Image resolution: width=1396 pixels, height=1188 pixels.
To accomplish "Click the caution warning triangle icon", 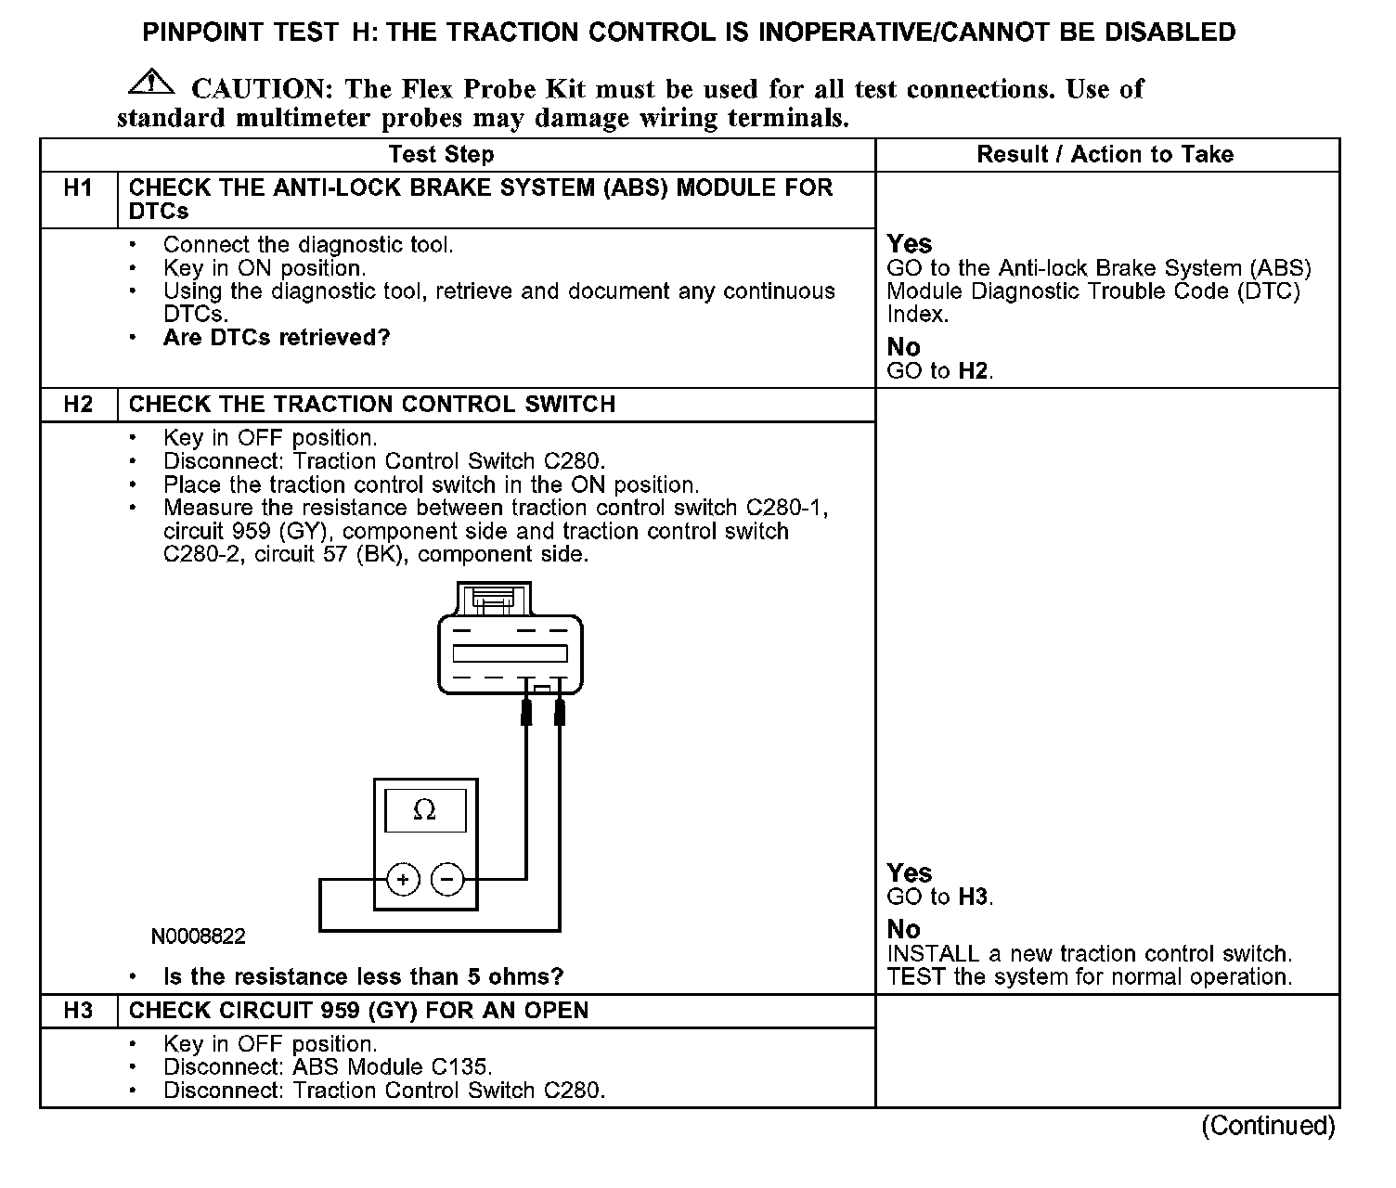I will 151,83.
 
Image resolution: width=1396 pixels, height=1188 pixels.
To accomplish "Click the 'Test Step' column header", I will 441,154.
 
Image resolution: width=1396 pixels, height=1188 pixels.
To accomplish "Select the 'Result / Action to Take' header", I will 1105,154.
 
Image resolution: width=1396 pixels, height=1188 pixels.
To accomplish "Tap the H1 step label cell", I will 79,188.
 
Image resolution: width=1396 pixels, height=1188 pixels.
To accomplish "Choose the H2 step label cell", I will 79,405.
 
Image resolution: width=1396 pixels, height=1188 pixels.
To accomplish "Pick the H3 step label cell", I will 79,1011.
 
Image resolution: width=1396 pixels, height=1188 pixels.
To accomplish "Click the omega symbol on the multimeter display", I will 424,810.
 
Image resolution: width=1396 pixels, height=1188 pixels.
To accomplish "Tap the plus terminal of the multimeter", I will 403,879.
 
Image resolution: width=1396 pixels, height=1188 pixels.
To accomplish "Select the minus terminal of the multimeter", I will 447,879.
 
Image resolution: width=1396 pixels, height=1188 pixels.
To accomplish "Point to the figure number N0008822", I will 199,936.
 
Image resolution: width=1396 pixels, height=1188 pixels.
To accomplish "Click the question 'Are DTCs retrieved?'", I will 277,338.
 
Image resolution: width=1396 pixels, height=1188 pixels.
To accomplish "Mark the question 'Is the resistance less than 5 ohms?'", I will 363,977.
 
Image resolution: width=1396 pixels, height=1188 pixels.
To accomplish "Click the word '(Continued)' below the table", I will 1268,1126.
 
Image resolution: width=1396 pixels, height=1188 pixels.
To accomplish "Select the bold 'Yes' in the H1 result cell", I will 909,244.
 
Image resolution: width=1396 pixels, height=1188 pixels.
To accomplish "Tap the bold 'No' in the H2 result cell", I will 903,929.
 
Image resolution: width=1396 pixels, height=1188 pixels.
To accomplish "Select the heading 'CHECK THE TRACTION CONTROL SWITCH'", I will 371,405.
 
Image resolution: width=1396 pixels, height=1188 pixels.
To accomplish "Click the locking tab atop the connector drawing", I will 493,599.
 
